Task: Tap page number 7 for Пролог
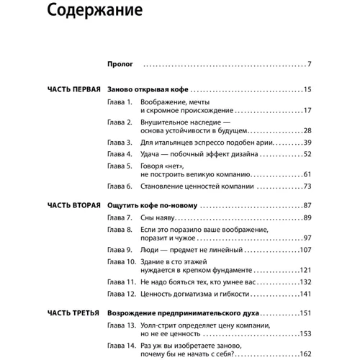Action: click(x=309, y=64)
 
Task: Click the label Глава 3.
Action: click(x=119, y=143)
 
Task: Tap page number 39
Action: click(x=307, y=143)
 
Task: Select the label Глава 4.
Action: click(x=119, y=154)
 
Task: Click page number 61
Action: click(x=307, y=175)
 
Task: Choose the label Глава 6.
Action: click(x=119, y=186)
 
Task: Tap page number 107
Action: click(x=305, y=249)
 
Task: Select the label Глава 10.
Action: click(x=121, y=261)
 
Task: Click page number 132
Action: click(x=305, y=282)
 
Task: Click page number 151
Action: click(x=305, y=314)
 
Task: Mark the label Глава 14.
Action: click(x=121, y=346)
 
